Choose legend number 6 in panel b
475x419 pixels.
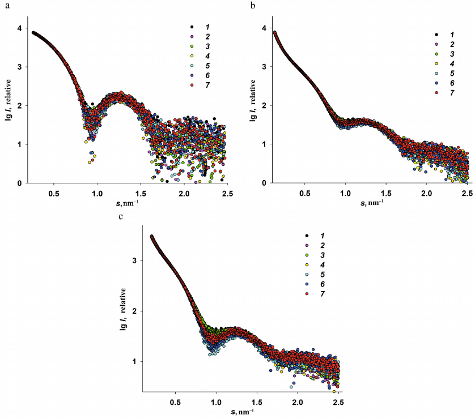[452, 82]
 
